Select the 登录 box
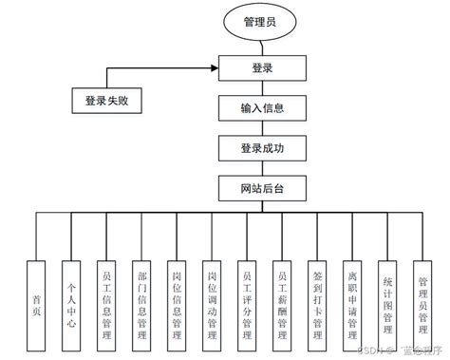(x=262, y=67)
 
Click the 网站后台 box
(x=262, y=188)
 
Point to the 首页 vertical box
(x=35, y=300)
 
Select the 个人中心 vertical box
(x=70, y=300)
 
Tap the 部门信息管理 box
(x=140, y=300)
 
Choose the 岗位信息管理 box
(x=175, y=300)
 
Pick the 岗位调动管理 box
(x=210, y=300)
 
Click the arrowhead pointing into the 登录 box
(x=214, y=67)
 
